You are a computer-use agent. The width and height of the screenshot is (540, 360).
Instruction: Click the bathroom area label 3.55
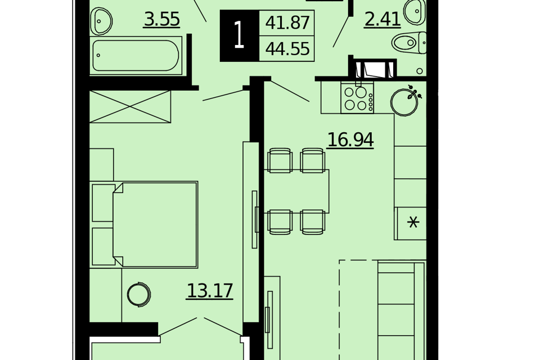tap(162, 19)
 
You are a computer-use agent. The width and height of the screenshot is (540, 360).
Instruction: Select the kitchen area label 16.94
tap(350, 140)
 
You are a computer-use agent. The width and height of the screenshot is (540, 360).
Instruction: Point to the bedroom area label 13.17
tap(210, 291)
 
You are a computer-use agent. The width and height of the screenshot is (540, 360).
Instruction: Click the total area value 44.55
tap(287, 48)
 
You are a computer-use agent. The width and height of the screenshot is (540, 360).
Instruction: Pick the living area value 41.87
tap(287, 23)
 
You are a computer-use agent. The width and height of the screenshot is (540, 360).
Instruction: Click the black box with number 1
tap(240, 36)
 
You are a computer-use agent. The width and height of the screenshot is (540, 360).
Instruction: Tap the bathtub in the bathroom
tap(136, 56)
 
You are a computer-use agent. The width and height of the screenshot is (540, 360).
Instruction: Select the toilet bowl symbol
tap(409, 43)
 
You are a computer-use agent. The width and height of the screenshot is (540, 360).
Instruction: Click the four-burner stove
tap(357, 98)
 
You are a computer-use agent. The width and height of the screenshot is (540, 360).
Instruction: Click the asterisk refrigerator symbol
tap(413, 222)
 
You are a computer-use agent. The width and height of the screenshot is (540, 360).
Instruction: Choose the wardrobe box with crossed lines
tap(130, 107)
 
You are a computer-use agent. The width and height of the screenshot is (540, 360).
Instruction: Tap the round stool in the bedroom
tap(139, 295)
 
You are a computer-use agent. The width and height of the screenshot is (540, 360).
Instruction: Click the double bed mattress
tap(155, 224)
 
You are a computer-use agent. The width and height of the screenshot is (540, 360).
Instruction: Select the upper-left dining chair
tap(280, 160)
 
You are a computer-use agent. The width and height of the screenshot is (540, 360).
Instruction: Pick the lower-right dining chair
tap(312, 222)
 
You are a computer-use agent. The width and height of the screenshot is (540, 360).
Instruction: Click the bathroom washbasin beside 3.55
tap(101, 21)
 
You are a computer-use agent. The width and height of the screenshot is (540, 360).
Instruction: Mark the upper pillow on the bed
tap(103, 203)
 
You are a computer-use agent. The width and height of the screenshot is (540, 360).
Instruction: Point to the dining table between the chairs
tap(296, 191)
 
